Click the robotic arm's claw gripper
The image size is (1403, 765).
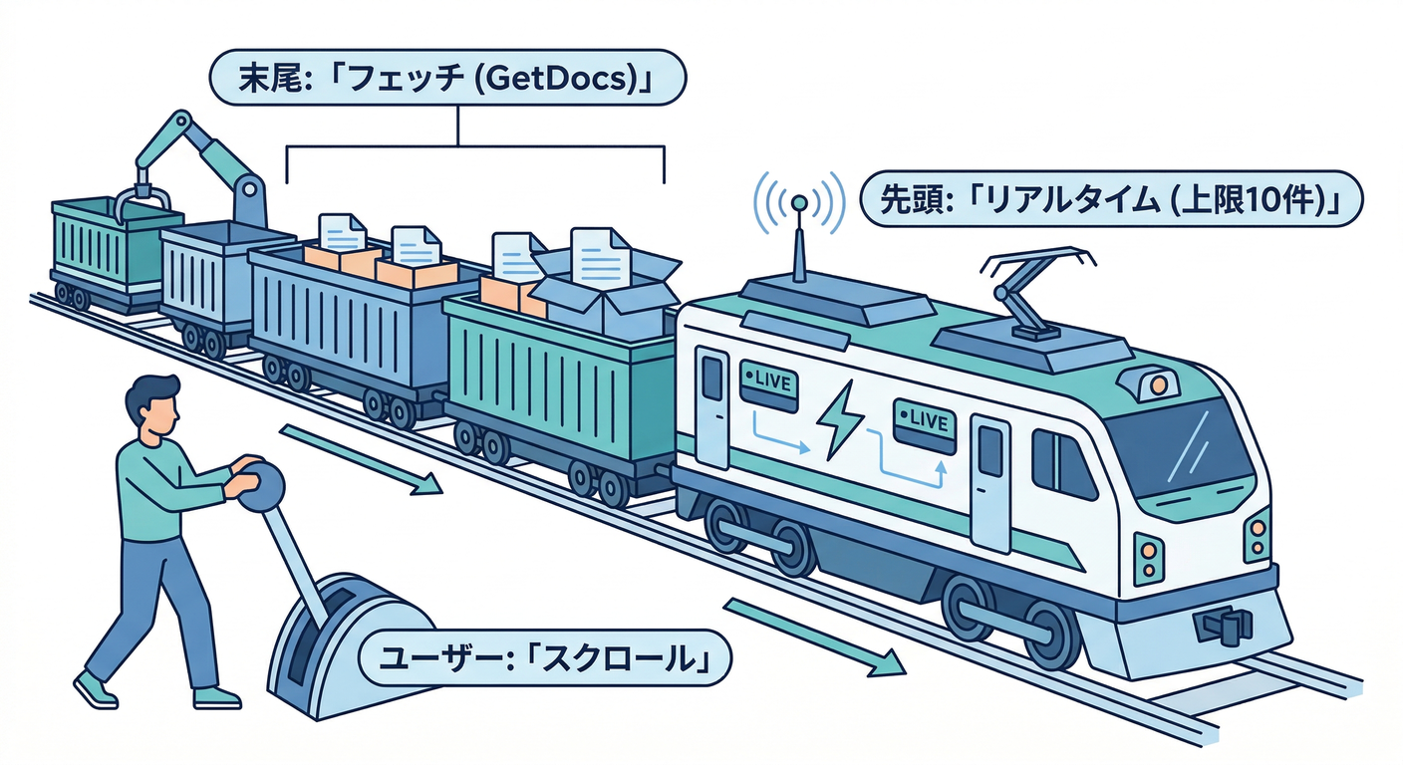(140, 199)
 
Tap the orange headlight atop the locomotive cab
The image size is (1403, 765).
(1156, 382)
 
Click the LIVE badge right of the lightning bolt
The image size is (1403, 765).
(924, 418)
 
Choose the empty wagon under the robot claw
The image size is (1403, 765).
(104, 244)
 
